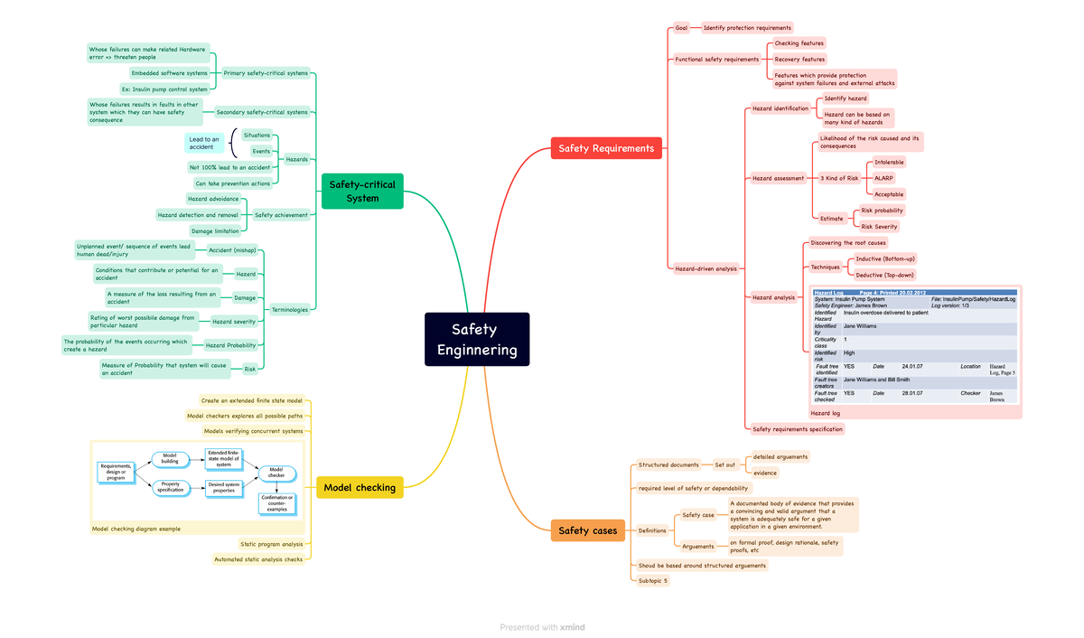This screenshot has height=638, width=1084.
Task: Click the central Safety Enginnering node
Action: (x=477, y=340)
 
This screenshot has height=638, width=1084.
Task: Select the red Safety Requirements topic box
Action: (x=606, y=148)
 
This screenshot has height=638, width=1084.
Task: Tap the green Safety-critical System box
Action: (x=362, y=191)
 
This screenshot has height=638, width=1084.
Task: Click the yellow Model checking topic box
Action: (x=360, y=488)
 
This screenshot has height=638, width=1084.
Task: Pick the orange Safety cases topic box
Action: (x=587, y=530)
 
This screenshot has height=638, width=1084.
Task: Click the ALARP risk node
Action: (x=883, y=178)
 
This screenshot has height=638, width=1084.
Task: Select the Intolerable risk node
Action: (x=889, y=163)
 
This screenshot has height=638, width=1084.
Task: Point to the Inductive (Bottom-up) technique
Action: (x=885, y=259)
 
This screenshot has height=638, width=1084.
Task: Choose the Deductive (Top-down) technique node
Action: (x=884, y=275)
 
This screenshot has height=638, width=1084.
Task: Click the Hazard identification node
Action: (x=780, y=108)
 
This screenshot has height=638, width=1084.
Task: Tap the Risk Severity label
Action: (x=880, y=227)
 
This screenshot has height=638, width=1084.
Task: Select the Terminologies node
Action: (x=290, y=310)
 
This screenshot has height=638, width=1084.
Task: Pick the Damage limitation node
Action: (x=215, y=231)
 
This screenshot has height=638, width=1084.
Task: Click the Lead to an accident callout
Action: (x=204, y=144)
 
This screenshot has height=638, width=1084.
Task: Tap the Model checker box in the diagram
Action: (x=276, y=473)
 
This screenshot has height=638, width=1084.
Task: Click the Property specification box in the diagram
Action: (x=170, y=487)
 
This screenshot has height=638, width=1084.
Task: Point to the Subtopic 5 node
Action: (x=653, y=581)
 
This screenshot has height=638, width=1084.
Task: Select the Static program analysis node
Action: (x=272, y=544)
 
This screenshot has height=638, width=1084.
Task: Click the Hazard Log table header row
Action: (x=914, y=293)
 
